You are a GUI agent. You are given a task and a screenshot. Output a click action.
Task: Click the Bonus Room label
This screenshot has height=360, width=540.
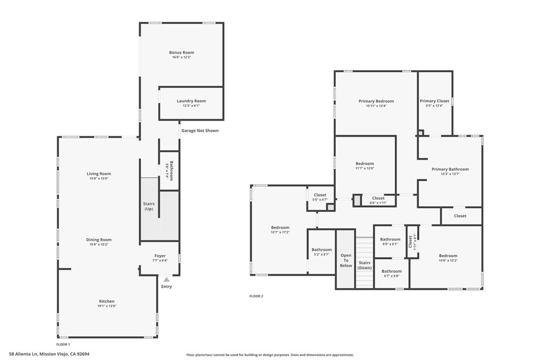point(181,53)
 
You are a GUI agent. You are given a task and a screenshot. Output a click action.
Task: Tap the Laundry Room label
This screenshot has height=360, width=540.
point(191,101)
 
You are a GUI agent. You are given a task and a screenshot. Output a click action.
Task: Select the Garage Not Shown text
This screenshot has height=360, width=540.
point(200,131)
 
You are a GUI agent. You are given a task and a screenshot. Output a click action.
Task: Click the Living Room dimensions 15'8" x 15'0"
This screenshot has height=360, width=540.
point(99,179)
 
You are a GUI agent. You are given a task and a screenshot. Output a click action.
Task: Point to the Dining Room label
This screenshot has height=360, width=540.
point(99,240)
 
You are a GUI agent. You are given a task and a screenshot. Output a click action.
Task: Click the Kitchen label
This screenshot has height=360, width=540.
point(106,301)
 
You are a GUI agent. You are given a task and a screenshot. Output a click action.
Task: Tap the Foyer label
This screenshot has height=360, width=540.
point(160,256)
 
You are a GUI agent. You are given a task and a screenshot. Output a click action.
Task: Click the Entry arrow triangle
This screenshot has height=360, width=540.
point(167,279)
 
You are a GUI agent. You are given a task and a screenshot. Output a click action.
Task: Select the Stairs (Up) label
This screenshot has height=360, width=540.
point(149,206)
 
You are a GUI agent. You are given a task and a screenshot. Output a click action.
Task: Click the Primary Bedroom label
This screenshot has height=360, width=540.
point(376,101)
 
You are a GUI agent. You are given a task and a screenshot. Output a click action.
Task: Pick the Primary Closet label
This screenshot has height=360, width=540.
point(435,101)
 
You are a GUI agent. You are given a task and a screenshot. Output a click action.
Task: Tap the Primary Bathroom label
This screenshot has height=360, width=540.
point(450,169)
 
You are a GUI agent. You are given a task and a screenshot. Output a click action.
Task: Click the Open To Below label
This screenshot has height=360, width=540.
point(346,260)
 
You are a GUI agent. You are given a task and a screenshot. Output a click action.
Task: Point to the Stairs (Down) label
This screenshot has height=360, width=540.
point(364,265)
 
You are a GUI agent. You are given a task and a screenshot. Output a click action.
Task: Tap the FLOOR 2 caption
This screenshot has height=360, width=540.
point(256,296)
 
